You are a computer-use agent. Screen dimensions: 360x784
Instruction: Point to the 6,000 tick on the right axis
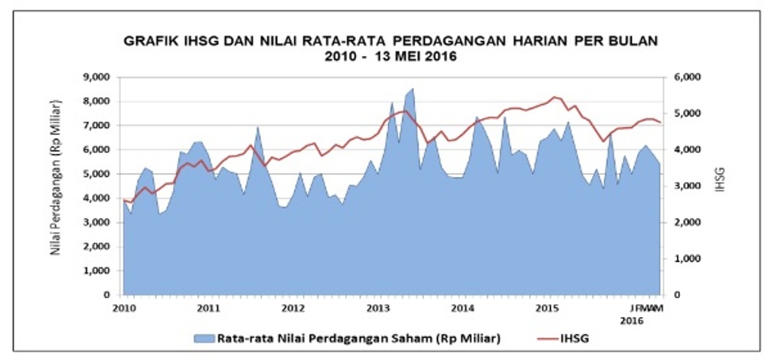click(688, 77)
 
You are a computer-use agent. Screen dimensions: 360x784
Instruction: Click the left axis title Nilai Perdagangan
click(56, 186)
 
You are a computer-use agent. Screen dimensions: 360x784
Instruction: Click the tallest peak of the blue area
click(413, 89)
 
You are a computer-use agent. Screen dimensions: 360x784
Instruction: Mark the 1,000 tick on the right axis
click(688, 259)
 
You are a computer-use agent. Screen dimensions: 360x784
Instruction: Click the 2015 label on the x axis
click(547, 308)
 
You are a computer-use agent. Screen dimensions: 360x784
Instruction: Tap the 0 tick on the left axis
click(109, 295)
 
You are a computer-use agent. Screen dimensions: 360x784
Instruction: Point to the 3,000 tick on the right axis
click(688, 186)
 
